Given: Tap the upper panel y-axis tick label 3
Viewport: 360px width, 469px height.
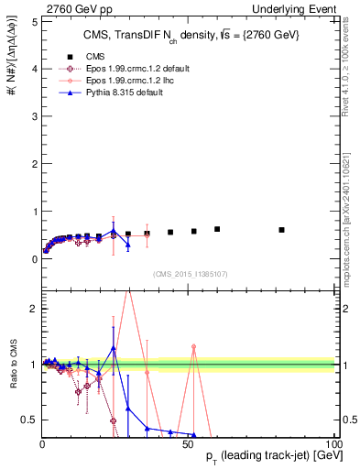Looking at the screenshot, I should (34, 116).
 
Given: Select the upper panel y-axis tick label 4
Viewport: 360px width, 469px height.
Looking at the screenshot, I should (34, 69).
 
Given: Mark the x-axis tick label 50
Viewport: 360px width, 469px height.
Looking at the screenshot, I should (189, 443).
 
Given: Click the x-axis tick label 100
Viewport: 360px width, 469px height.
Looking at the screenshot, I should (333, 443).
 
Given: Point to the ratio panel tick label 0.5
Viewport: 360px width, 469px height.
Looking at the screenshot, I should (29, 420).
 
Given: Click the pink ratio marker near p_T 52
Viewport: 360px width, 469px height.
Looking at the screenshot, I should (194, 346).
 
